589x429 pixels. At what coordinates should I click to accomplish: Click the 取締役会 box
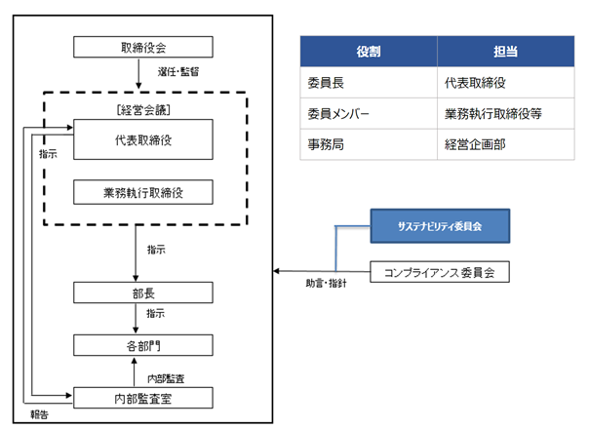tap(143, 47)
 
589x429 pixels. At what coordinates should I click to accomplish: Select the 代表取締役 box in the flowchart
tap(143, 139)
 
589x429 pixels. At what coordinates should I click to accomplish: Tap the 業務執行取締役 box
tap(143, 192)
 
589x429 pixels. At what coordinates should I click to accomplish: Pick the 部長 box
tap(143, 292)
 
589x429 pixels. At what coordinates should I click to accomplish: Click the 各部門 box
tap(143, 345)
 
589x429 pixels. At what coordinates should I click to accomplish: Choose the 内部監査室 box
tap(143, 398)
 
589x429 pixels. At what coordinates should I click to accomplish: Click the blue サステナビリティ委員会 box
tap(440, 226)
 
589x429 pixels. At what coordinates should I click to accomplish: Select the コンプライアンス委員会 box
tap(440, 272)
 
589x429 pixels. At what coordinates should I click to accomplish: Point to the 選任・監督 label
tap(178, 72)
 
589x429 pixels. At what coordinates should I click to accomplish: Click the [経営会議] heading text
tap(143, 110)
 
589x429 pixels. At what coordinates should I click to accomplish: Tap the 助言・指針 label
tap(326, 284)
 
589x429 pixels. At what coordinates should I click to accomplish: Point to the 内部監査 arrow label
tap(166, 378)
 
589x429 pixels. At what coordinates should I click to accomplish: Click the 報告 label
tap(39, 414)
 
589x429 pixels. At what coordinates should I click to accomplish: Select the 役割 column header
tap(369, 52)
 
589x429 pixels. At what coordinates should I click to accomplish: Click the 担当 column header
tap(505, 52)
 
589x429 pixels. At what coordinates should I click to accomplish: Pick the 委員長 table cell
tap(369, 83)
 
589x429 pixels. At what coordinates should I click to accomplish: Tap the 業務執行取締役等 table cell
tap(505, 113)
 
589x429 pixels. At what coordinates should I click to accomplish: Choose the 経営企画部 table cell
tap(505, 144)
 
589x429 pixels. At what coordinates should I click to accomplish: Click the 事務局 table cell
tap(369, 144)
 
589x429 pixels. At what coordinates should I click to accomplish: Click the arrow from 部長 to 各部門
tap(136, 319)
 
